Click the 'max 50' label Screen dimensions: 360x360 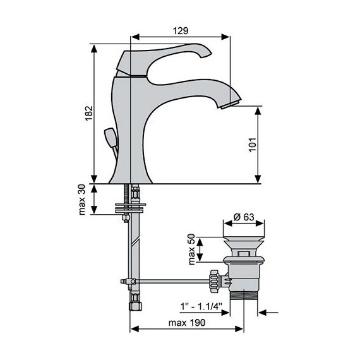192,249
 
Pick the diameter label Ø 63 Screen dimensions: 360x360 243,217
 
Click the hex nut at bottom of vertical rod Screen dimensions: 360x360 133,303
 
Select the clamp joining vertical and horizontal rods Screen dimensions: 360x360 131,280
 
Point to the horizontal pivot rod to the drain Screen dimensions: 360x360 171,280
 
